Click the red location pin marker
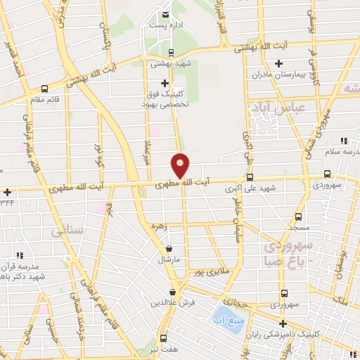(x=181, y=166)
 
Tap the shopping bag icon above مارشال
(x=169, y=248)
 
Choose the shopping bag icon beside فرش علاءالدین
(x=173, y=292)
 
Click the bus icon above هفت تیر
(x=163, y=337)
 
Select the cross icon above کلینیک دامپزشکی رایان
(x=283, y=324)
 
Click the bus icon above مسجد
(x=299, y=217)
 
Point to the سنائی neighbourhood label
(x=63, y=230)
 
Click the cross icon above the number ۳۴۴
(x=7, y=192)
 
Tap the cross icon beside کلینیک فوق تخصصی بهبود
(x=165, y=83)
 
